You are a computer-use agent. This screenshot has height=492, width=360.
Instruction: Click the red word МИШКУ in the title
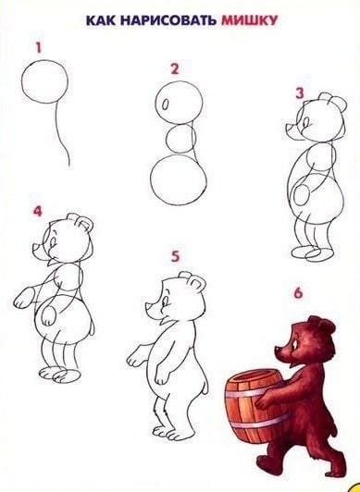pyautogui.click(x=248, y=18)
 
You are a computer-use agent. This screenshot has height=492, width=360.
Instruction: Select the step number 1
pyautogui.click(x=38, y=45)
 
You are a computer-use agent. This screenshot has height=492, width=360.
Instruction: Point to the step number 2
pyautogui.click(x=173, y=68)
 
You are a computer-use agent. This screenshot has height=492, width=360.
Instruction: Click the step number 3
pyautogui.click(x=299, y=92)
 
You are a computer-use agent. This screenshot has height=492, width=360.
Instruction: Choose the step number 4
pyautogui.click(x=38, y=211)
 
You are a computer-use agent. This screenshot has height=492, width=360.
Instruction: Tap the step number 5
pyautogui.click(x=174, y=254)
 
